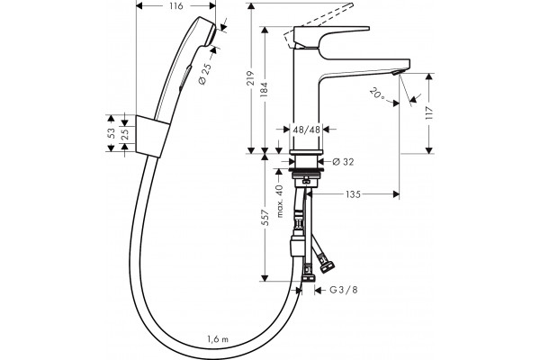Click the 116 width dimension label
tap(176, 6)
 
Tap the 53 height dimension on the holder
tap(111, 133)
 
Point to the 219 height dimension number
tap(251, 78)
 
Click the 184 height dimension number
tap(264, 89)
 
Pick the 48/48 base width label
tap(307, 130)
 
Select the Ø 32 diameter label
tap(344, 162)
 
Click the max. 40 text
tap(280, 202)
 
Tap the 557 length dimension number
tap(265, 218)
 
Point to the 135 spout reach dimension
tap(353, 194)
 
